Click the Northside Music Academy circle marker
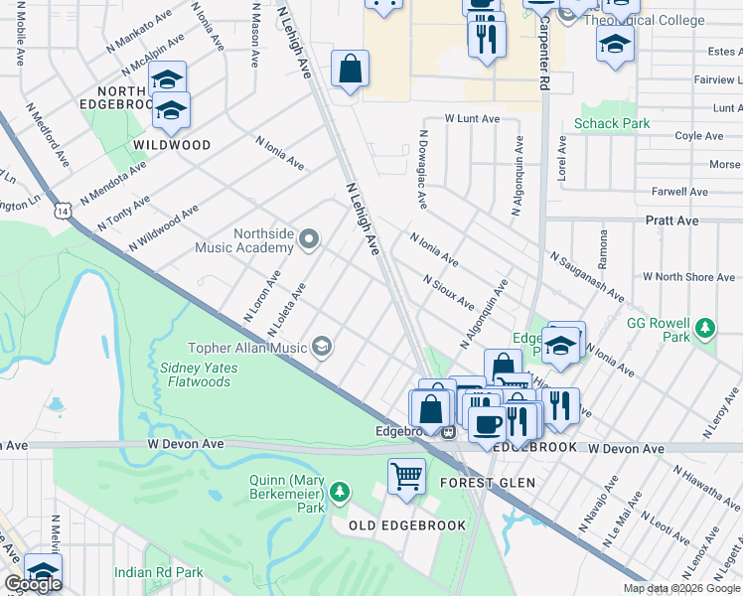[309, 238]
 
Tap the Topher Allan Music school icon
[321, 347]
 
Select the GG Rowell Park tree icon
[705, 328]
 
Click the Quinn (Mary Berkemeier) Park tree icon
[340, 492]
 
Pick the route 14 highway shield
[64, 211]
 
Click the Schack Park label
[612, 125]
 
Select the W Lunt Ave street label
[472, 118]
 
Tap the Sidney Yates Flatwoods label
[195, 373]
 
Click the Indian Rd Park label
[159, 572]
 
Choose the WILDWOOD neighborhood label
[172, 145]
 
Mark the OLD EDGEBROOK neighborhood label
[405, 524]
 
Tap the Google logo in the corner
[33, 584]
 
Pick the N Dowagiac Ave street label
[423, 169]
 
